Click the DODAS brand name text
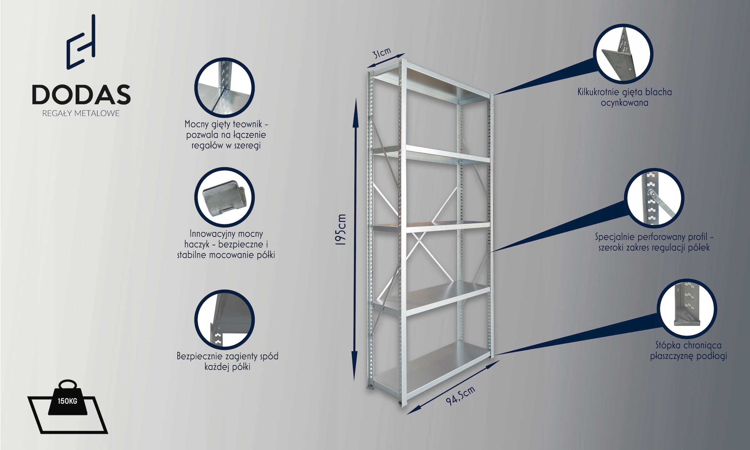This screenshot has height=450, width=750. [81, 94]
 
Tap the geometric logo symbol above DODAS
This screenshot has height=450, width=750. [81, 42]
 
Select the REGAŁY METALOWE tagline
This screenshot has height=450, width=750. [81, 113]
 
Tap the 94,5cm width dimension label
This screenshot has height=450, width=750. [460, 396]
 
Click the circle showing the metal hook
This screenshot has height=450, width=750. [224, 197]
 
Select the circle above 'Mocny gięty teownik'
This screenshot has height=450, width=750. [224, 88]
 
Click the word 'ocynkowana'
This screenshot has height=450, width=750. [624, 103]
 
